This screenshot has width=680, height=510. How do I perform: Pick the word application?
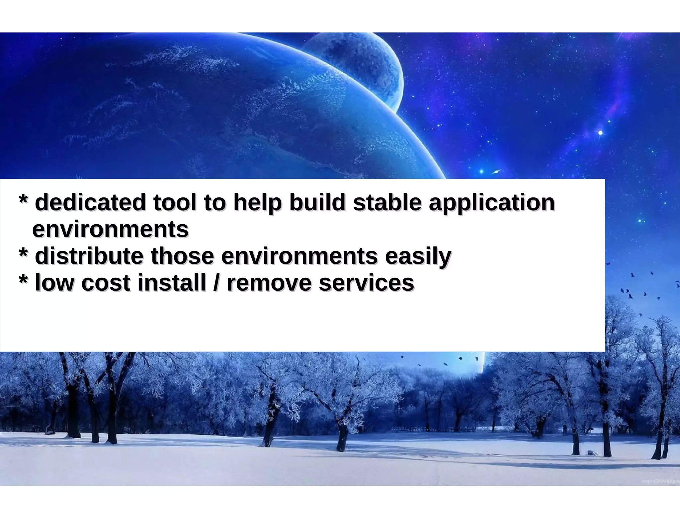(491, 203)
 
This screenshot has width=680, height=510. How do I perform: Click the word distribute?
(89, 256)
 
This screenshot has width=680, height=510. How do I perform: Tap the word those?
(182, 256)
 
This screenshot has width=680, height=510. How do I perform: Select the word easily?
(418, 257)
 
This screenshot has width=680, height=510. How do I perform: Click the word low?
(54, 283)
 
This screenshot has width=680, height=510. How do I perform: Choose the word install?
(172, 283)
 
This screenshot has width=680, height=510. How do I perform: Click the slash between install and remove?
(216, 283)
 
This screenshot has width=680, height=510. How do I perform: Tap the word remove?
(269, 283)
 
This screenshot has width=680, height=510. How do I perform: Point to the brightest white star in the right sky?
(600, 133)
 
